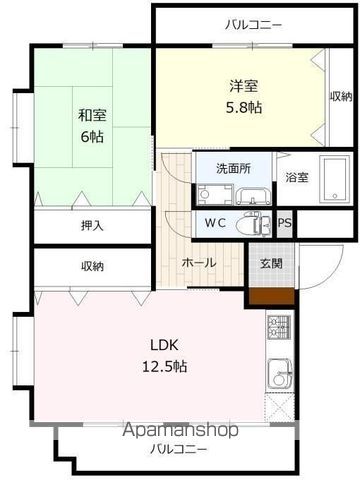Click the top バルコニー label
coord(253,24)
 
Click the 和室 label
coord(92,113)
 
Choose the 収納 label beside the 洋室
coord(341,97)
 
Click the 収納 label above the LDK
coord(92,266)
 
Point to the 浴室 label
coord(297,178)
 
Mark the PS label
coord(285,224)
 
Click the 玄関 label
coord(271,264)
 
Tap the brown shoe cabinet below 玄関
coord(271,295)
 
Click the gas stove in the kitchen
coord(277,327)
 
